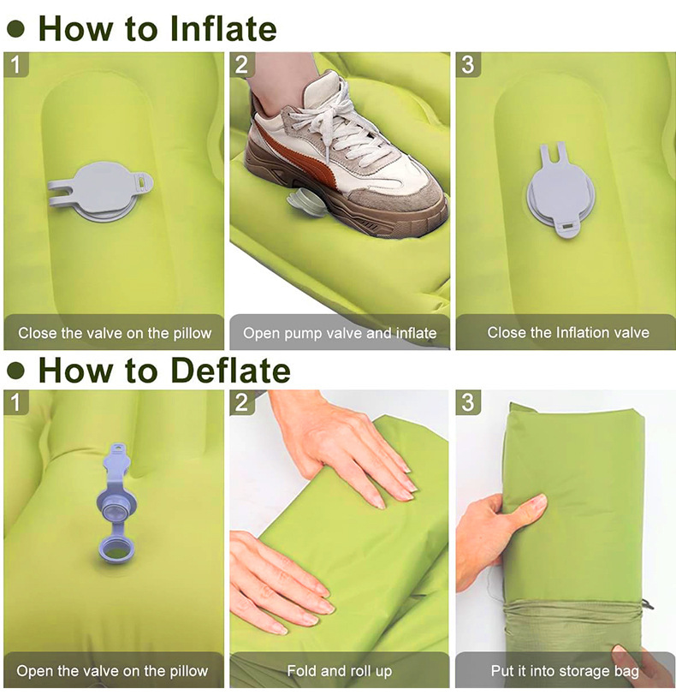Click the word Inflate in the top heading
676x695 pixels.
point(223,29)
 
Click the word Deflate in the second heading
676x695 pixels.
point(230,370)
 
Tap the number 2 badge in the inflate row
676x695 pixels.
point(241,65)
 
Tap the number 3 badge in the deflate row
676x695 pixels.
point(468,402)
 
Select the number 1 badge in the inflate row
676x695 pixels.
point(16,65)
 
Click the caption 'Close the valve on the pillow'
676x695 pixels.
point(115,333)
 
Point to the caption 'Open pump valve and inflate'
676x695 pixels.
point(340,333)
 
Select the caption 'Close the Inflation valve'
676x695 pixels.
point(568,332)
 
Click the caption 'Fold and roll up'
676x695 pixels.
point(340,671)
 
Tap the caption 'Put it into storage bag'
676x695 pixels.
point(565,671)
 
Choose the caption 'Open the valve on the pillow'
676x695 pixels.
point(112,671)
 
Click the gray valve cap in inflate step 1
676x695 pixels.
point(101,191)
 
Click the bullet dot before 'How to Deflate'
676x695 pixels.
point(16,371)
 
